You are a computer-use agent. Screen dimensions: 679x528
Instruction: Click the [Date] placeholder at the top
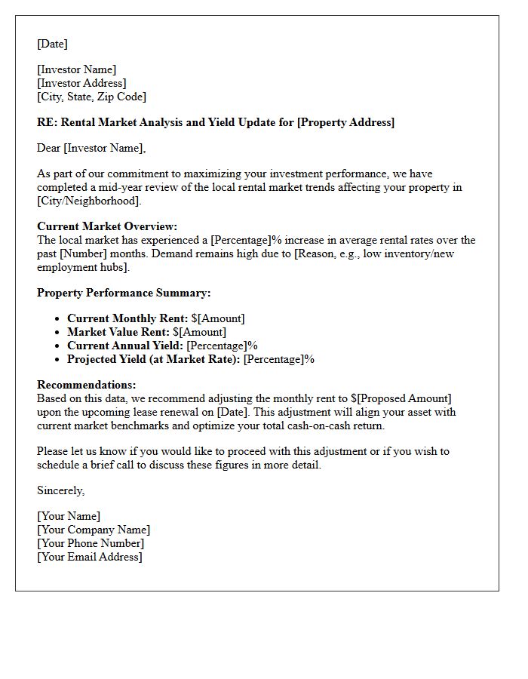click(52, 44)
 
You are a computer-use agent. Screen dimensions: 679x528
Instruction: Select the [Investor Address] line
click(81, 83)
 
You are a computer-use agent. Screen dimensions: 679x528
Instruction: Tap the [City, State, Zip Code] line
click(91, 97)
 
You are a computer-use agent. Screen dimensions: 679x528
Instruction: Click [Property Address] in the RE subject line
click(345, 122)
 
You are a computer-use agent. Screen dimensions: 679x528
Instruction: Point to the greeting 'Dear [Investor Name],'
click(91, 148)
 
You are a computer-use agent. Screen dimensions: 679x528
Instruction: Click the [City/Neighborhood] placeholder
click(88, 201)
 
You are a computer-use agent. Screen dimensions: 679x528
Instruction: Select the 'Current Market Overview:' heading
click(107, 226)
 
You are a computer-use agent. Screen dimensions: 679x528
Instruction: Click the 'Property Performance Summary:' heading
click(124, 293)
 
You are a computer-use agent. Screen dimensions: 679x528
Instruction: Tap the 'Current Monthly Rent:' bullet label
click(127, 318)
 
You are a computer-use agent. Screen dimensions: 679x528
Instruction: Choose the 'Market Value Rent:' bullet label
click(118, 332)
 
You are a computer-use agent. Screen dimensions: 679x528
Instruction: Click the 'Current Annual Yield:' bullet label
click(124, 346)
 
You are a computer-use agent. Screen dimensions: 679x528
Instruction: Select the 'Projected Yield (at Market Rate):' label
click(153, 359)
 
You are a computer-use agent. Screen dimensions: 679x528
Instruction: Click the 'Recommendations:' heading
click(87, 385)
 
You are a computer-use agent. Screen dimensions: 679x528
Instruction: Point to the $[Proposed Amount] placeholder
click(401, 398)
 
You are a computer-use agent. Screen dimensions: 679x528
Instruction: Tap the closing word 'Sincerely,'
click(61, 490)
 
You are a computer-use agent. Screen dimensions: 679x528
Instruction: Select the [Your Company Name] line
click(94, 530)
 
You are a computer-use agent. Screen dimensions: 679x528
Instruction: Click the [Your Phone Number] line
click(91, 543)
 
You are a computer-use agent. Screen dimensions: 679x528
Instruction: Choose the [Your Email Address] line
click(90, 557)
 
